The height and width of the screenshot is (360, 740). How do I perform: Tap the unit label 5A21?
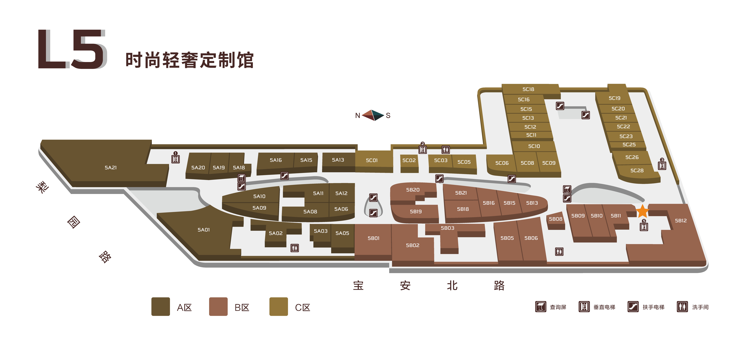(111, 167)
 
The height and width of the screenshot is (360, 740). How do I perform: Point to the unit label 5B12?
(681, 220)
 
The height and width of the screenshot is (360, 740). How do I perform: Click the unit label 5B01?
(373, 238)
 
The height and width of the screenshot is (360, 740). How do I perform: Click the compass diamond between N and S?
(373, 115)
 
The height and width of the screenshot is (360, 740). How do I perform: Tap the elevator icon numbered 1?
(175, 159)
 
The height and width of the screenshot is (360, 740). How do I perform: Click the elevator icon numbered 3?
(662, 165)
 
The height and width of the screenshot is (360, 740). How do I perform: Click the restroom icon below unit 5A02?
(294, 248)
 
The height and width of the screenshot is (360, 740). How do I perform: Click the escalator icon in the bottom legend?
(633, 307)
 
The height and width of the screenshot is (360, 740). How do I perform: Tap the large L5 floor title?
(72, 49)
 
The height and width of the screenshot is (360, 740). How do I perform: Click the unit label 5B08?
(556, 219)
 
